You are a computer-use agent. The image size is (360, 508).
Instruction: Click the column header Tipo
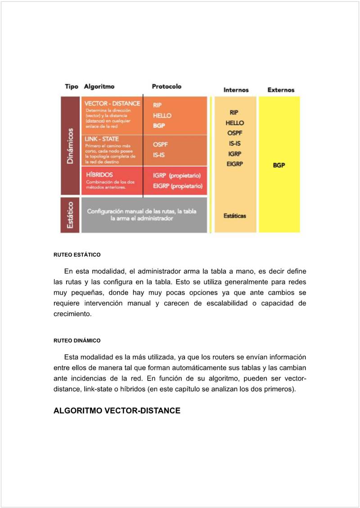tap(71, 86)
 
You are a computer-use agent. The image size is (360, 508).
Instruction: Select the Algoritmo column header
tap(99, 86)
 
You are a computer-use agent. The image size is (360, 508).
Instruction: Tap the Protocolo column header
tap(166, 86)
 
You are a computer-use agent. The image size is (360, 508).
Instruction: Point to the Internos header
tap(236, 90)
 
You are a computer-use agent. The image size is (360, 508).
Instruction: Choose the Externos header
tap(281, 90)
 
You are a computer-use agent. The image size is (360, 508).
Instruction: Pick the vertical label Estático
tap(70, 215)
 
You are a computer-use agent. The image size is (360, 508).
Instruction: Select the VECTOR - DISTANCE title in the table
tap(112, 104)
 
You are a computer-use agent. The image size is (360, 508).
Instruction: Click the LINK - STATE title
tap(102, 139)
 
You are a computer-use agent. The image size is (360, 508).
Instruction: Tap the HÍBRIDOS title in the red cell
tap(99, 174)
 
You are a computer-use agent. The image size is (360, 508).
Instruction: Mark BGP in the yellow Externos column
tap(279, 165)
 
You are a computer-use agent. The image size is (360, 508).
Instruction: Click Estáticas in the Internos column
tap(235, 216)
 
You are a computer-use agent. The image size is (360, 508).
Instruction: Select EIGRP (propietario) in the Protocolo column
tap(177, 186)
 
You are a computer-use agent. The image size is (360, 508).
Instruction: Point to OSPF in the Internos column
tap(235, 133)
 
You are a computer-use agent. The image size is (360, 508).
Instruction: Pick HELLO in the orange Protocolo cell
tap(162, 115)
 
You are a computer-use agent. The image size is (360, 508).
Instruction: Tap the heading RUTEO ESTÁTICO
tap(77, 255)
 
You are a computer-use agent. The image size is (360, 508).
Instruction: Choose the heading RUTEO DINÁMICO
tap(77, 340)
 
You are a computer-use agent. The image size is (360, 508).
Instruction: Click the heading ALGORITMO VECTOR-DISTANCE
tap(117, 411)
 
